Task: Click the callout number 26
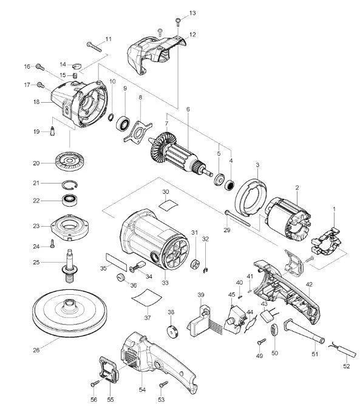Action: point(36,350)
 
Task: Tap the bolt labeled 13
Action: point(178,22)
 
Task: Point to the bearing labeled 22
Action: point(70,200)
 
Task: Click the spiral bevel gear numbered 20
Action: point(70,162)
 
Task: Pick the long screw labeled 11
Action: point(94,47)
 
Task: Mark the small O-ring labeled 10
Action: point(110,117)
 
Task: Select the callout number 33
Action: point(165,283)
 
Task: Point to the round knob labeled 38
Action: point(172,332)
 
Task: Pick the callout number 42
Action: point(309,284)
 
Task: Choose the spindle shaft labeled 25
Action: point(69,266)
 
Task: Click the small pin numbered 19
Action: point(52,131)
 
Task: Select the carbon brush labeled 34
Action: point(138,267)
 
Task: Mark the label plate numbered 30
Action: point(168,205)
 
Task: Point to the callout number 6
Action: point(188,109)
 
